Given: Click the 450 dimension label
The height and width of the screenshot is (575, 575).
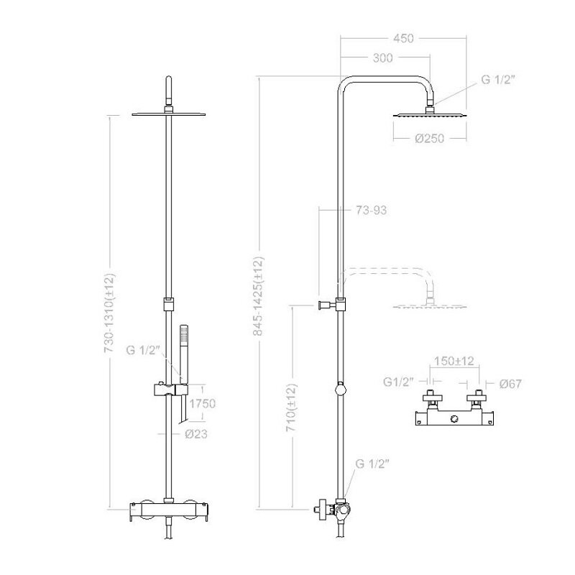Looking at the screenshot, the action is pyautogui.click(x=403, y=38).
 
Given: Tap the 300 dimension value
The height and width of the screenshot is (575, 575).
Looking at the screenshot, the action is pyautogui.click(x=382, y=58).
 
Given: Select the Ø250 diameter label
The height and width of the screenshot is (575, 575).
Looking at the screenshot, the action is pyautogui.click(x=429, y=138).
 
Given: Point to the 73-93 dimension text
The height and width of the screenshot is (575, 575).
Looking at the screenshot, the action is pyautogui.click(x=371, y=211).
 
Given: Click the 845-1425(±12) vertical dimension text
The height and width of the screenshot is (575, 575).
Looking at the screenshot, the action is pyautogui.click(x=259, y=296).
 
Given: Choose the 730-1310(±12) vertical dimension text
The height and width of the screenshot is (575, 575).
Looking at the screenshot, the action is pyautogui.click(x=110, y=313).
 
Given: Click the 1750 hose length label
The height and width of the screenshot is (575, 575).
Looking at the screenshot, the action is pyautogui.click(x=203, y=404).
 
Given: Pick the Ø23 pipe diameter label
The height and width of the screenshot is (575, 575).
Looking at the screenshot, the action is pyautogui.click(x=196, y=434).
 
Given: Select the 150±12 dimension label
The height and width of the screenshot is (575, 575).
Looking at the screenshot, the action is pyautogui.click(x=454, y=361).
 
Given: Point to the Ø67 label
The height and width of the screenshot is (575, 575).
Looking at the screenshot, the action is pyautogui.click(x=510, y=384).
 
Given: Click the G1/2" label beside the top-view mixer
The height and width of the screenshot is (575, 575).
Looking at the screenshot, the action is pyautogui.click(x=399, y=382).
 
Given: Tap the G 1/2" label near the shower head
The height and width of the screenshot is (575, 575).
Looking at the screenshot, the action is pyautogui.click(x=498, y=80).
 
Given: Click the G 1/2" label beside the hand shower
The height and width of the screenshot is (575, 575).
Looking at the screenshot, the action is pyautogui.click(x=143, y=350).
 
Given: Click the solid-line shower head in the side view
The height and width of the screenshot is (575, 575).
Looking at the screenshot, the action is pyautogui.click(x=430, y=115).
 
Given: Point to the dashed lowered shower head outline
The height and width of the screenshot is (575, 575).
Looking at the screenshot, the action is pyautogui.click(x=430, y=305).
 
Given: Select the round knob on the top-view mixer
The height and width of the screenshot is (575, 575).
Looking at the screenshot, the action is pyautogui.click(x=454, y=419).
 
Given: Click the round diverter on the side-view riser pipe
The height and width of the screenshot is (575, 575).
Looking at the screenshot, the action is pyautogui.click(x=341, y=388).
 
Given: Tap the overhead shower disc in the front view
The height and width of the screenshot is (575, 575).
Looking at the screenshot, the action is pyautogui.click(x=169, y=114).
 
